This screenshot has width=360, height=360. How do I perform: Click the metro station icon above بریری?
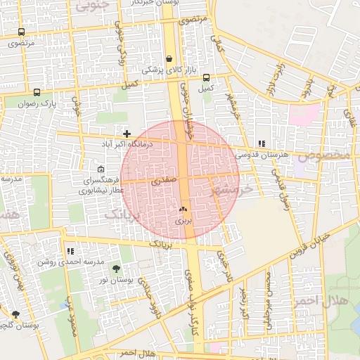[184, 210]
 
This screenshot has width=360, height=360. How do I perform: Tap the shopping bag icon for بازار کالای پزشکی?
[169, 59]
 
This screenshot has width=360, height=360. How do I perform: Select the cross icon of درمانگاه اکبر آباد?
[127, 133]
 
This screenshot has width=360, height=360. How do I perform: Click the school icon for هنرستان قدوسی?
[263, 143]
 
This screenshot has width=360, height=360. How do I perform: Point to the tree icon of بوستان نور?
[116, 269]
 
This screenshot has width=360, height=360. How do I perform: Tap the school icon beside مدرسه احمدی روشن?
[70, 251]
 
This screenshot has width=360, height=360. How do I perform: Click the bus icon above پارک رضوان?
[37, 92]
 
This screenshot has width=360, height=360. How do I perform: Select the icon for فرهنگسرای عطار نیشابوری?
[101, 169]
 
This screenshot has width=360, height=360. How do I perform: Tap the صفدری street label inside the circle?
[162, 180]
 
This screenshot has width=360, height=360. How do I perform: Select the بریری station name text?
[184, 221]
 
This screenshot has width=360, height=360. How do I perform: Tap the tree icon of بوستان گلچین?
[15, 314]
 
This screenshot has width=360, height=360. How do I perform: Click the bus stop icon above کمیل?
[206, 78]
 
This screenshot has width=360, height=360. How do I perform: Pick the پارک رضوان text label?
[37, 103]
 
